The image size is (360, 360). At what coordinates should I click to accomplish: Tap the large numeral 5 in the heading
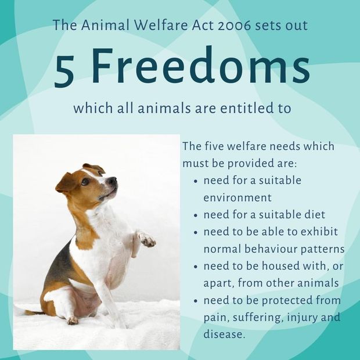pos(64,71)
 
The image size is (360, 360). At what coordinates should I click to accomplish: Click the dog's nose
pos(113,180)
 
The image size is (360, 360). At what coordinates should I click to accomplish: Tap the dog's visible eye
pos(85,181)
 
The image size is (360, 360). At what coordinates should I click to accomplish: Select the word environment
pos(237,198)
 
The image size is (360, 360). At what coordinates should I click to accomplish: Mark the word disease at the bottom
pos(223,334)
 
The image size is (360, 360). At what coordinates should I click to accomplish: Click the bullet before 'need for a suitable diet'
pos(196,215)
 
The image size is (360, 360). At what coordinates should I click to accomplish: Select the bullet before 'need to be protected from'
pos(196,301)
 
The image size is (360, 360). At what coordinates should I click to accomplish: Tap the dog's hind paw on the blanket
pos(73,321)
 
